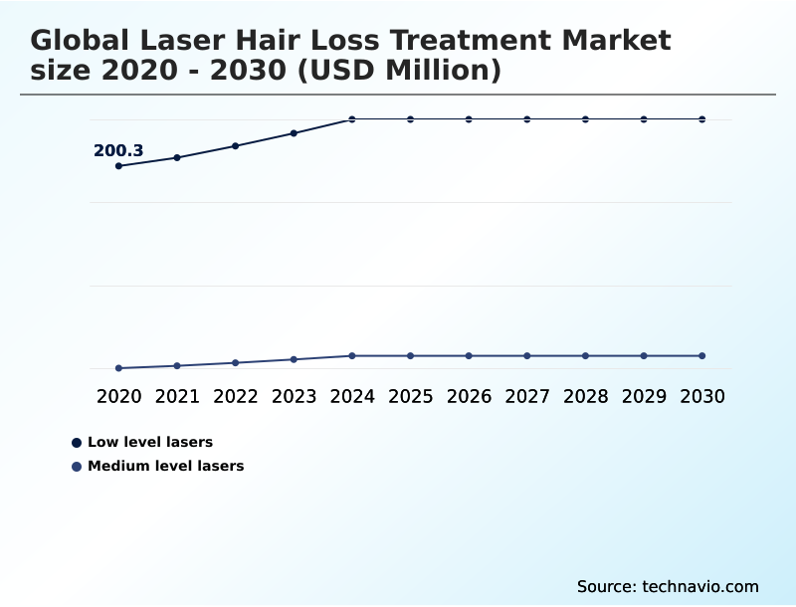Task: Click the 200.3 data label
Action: pyautogui.click(x=118, y=151)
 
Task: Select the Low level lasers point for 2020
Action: pyautogui.click(x=119, y=166)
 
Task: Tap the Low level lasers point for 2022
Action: pyautogui.click(x=236, y=146)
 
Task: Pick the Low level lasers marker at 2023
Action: pyautogui.click(x=294, y=133)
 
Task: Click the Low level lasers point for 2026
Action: pyautogui.click(x=469, y=119)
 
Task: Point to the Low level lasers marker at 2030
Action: pyautogui.click(x=701, y=119)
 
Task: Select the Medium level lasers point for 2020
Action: pyautogui.click(x=119, y=368)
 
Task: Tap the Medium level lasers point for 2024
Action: pyautogui.click(x=352, y=356)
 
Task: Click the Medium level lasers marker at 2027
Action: pyautogui.click(x=527, y=356)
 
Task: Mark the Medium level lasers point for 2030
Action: pyautogui.click(x=701, y=356)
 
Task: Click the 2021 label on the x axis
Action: pyautogui.click(x=177, y=397)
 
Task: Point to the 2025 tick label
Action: pyautogui.click(x=410, y=397)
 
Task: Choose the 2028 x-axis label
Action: pyautogui.click(x=585, y=397)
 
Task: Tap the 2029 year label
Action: pyautogui.click(x=644, y=397)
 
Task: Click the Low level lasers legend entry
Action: pyautogui.click(x=150, y=442)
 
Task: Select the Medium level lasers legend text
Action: pyautogui.click(x=165, y=466)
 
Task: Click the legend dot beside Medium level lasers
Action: pyautogui.click(x=77, y=466)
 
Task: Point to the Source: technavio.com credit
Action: pyautogui.click(x=668, y=586)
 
